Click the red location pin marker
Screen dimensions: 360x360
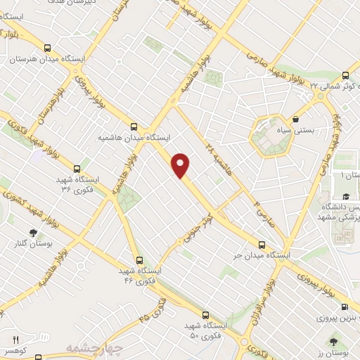pos(181,165)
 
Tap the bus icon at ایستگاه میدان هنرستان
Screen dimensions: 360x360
pos(47,49)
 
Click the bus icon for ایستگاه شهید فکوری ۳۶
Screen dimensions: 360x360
pos(77,169)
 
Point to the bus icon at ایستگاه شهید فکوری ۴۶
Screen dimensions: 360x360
pos(139,260)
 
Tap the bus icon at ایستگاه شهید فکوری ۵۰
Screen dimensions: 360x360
pos(205,315)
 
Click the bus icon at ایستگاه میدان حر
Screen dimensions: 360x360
pos(262,245)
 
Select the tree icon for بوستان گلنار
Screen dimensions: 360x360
pos(33,232)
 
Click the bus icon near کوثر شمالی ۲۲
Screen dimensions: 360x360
pos(345,75)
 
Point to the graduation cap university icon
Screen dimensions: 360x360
pos(345,197)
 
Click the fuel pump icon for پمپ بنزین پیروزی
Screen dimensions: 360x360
pos(345,307)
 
